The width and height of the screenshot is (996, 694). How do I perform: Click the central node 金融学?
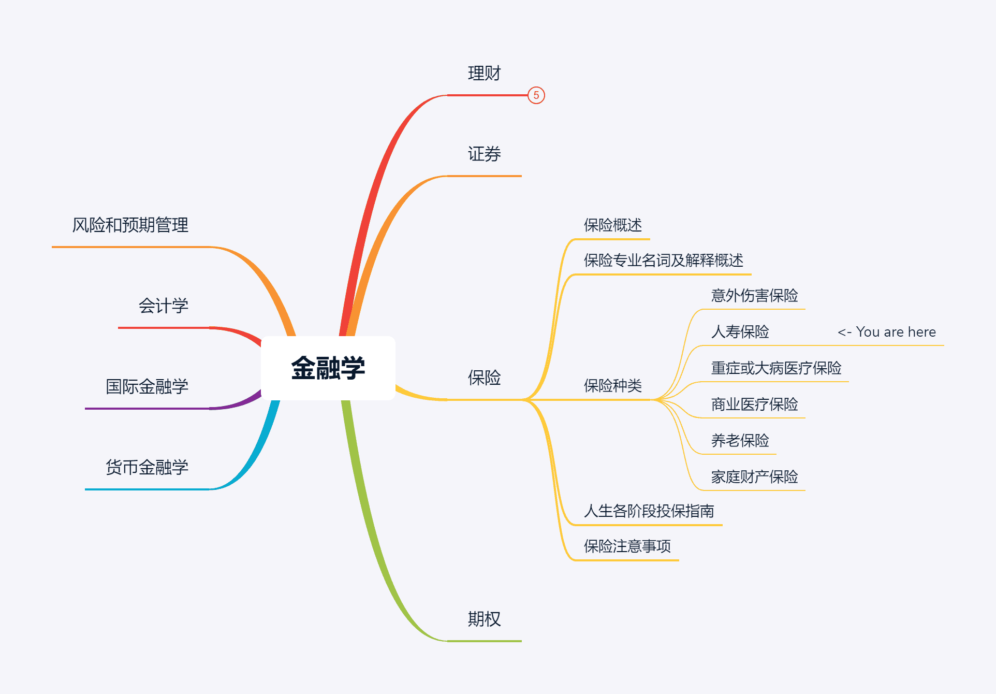(328, 368)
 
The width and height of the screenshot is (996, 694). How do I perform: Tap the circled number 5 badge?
(536, 95)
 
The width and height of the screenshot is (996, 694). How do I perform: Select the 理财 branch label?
(484, 74)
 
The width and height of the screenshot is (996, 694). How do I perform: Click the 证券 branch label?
(484, 154)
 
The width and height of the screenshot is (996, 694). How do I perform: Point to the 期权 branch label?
(484, 619)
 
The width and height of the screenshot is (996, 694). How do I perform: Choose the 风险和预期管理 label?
(130, 225)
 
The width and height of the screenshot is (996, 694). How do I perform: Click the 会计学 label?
(163, 306)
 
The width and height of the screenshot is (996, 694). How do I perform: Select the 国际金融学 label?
(147, 387)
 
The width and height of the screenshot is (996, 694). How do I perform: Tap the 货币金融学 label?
(147, 468)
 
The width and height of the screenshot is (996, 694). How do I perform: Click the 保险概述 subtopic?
(612, 225)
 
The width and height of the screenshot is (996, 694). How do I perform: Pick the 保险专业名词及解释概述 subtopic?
(663, 261)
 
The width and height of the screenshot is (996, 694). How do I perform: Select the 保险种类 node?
(612, 386)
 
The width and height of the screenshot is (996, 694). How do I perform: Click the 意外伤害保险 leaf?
(754, 296)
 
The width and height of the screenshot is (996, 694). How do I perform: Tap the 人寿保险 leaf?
(740, 332)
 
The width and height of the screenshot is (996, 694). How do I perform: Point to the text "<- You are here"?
(886, 332)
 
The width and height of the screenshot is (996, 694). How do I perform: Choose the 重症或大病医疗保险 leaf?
(776, 368)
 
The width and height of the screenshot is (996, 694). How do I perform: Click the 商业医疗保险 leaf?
(754, 404)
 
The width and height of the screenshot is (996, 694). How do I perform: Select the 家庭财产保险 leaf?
(754, 477)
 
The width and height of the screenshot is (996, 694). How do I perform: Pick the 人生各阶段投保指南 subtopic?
(649, 511)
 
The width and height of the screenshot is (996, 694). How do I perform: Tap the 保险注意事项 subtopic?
(627, 546)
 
